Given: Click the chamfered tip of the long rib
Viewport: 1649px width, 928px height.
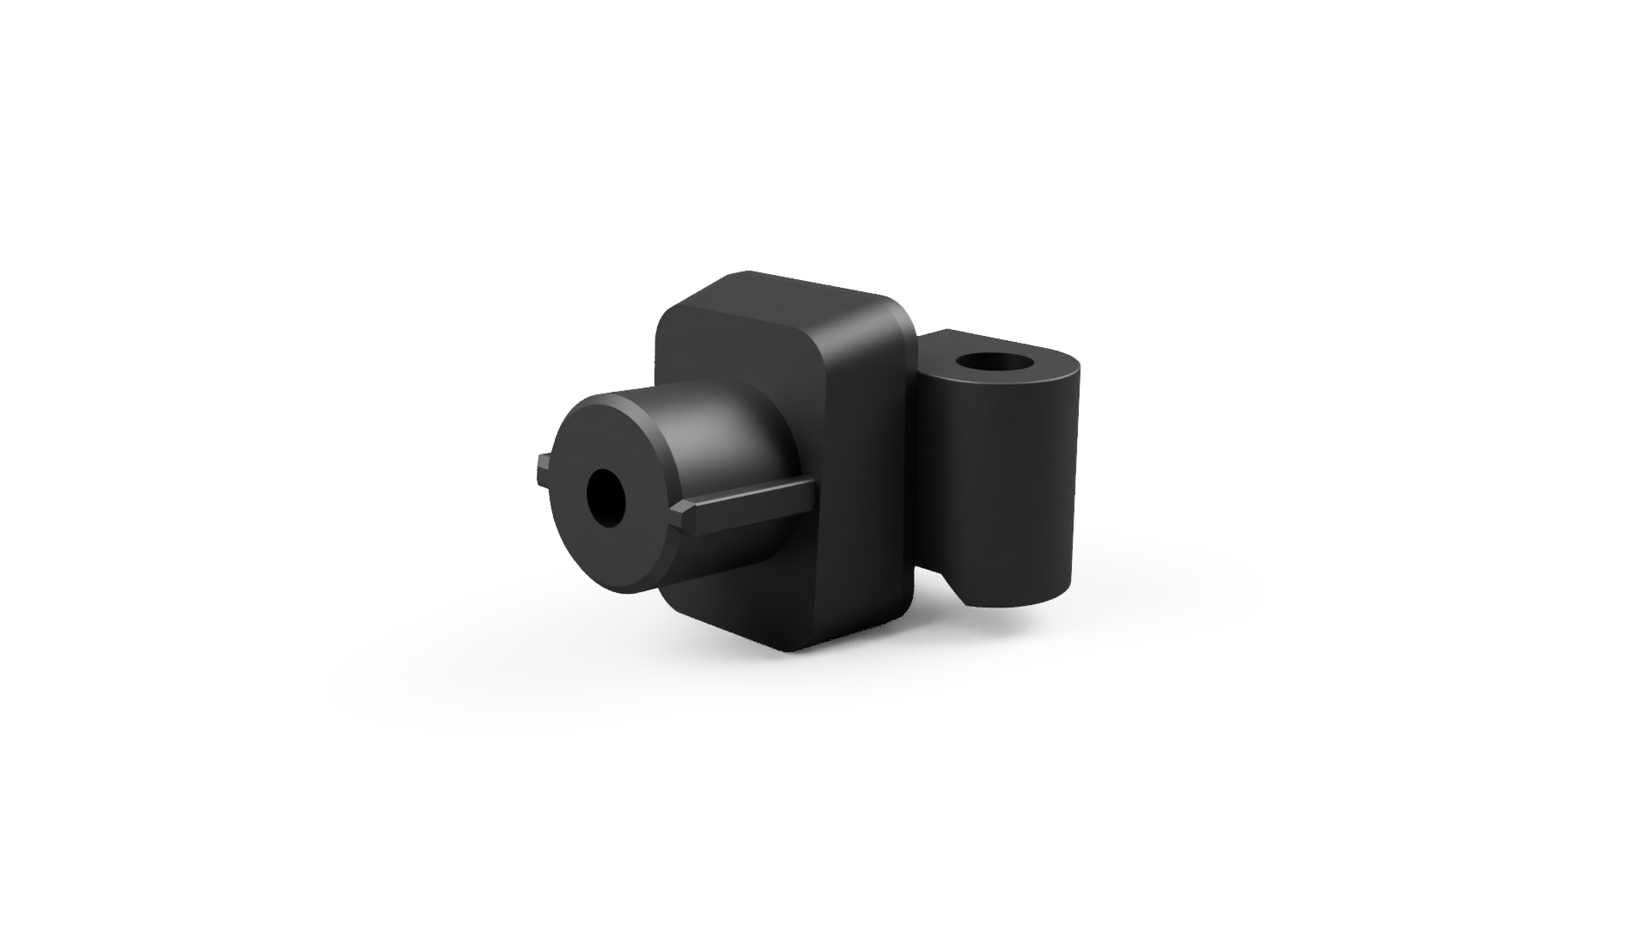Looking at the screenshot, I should click(x=684, y=516).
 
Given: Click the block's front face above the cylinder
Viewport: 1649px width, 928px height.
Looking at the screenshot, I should click(x=730, y=344).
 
